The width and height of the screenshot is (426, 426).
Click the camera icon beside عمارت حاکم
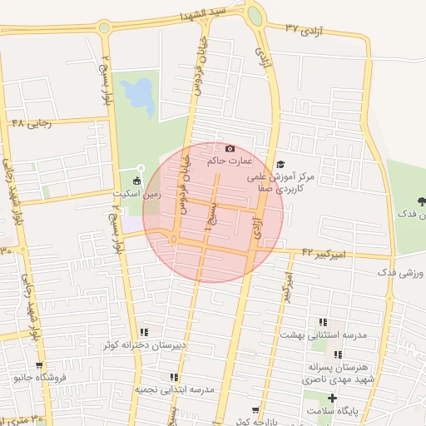(x=230, y=148)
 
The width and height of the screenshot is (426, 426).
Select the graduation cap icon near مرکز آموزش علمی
(x=280, y=165)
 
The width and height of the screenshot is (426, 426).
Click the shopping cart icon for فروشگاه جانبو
(x=38, y=365)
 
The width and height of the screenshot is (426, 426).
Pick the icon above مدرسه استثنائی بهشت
(x=322, y=322)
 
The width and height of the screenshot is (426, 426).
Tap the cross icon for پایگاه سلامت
(x=333, y=399)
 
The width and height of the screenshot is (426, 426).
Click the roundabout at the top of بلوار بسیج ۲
(x=104, y=27)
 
